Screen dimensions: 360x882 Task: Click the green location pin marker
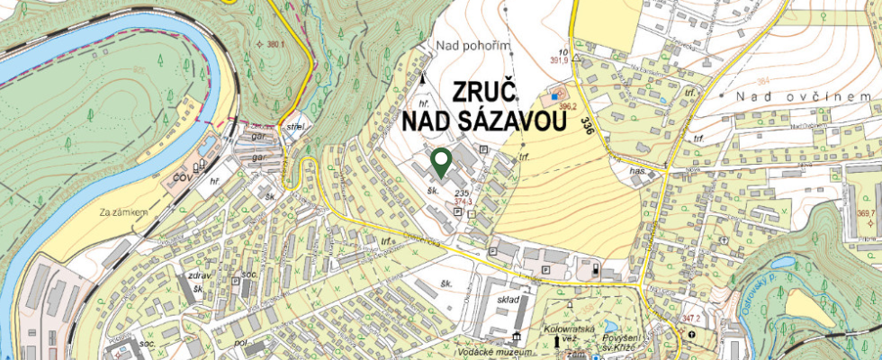pyautogui.click(x=441, y=163)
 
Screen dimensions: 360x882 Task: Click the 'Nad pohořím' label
pyautogui.click(x=472, y=45)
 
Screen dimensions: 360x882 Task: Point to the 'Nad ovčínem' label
pyautogui.click(x=802, y=96)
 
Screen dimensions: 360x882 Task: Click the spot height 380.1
pyautogui.click(x=271, y=44)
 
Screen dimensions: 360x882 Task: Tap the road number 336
pyautogui.click(x=588, y=127)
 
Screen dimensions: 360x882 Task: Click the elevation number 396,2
pyautogui.click(x=567, y=105)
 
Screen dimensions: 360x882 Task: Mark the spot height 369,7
pyautogui.click(x=866, y=213)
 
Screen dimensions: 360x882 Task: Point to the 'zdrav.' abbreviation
pyautogui.click(x=198, y=275)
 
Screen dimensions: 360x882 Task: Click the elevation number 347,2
pyautogui.click(x=691, y=319)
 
